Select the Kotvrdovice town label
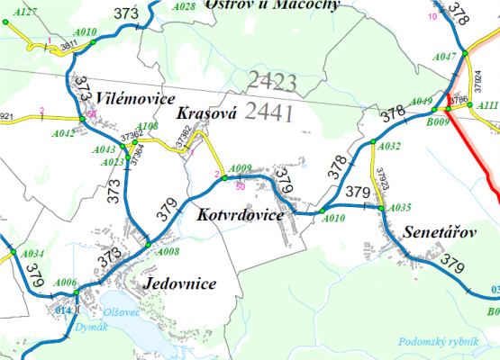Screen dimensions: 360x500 [x=239, y=216]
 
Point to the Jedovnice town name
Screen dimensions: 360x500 [x=179, y=284]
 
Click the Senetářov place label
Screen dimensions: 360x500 [x=439, y=231]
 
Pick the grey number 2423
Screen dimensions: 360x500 [x=271, y=82]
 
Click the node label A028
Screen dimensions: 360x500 [x=184, y=6]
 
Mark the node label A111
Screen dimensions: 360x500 [x=487, y=105]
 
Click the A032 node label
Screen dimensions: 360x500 [x=390, y=146]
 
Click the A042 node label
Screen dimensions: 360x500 [x=64, y=133]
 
